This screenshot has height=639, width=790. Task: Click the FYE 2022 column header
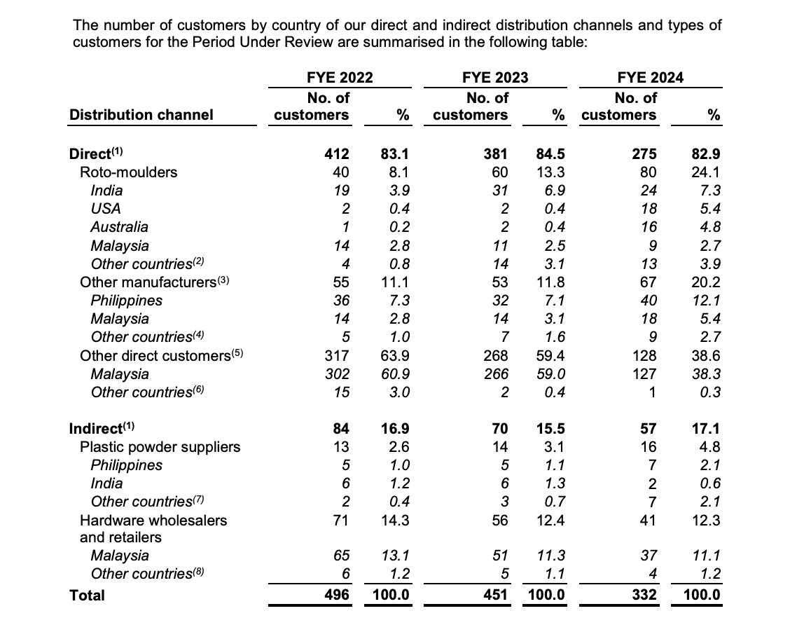tap(339, 78)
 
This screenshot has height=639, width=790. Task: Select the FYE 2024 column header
tap(650, 78)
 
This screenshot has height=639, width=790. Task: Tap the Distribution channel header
tap(141, 115)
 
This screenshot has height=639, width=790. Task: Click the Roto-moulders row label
tap(129, 172)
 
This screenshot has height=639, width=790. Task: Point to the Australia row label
tap(119, 227)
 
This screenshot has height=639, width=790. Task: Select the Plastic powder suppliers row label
tap(160, 447)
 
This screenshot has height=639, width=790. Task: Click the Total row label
tap(87, 596)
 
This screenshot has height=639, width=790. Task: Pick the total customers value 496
tap(337, 596)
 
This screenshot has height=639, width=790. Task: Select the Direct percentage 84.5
tap(549, 154)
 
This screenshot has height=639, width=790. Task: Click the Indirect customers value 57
tap(649, 429)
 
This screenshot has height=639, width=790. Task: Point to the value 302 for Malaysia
tap(337, 374)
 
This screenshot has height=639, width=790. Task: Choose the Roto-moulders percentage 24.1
tap(706, 172)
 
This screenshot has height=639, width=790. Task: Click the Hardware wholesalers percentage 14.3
tap(395, 520)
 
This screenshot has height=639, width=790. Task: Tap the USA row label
tap(105, 209)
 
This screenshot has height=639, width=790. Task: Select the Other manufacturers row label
tap(155, 282)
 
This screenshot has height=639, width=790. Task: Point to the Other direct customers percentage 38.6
tap(706, 356)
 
